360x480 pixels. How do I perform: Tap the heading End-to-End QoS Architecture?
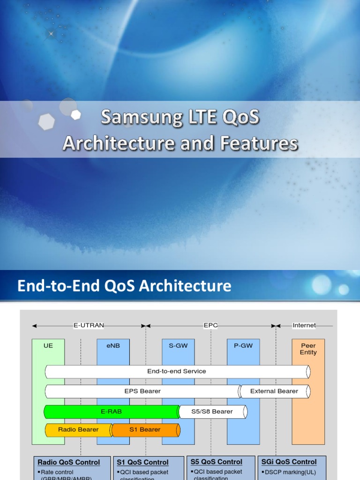[x=124, y=285]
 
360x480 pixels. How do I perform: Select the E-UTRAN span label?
[x=89, y=325]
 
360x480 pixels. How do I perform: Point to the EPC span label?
[x=210, y=325]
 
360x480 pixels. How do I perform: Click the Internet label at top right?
[x=304, y=325]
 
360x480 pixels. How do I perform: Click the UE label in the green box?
[x=48, y=345]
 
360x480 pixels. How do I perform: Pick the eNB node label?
[x=113, y=345]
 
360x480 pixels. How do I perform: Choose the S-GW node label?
[x=178, y=345]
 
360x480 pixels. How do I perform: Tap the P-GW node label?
[x=243, y=345]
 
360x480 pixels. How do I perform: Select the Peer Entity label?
[x=308, y=349]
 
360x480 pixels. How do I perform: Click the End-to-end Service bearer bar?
[x=177, y=371]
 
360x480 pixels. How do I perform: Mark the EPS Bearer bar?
[x=142, y=391]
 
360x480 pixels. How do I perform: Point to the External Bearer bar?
[x=274, y=391]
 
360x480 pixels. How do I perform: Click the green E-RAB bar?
[x=111, y=412]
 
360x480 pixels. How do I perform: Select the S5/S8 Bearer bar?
[x=212, y=412]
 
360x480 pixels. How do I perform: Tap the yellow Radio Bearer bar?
[x=78, y=429]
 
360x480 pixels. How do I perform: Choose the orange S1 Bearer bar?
[x=145, y=429]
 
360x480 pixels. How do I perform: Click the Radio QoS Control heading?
[x=69, y=462]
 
